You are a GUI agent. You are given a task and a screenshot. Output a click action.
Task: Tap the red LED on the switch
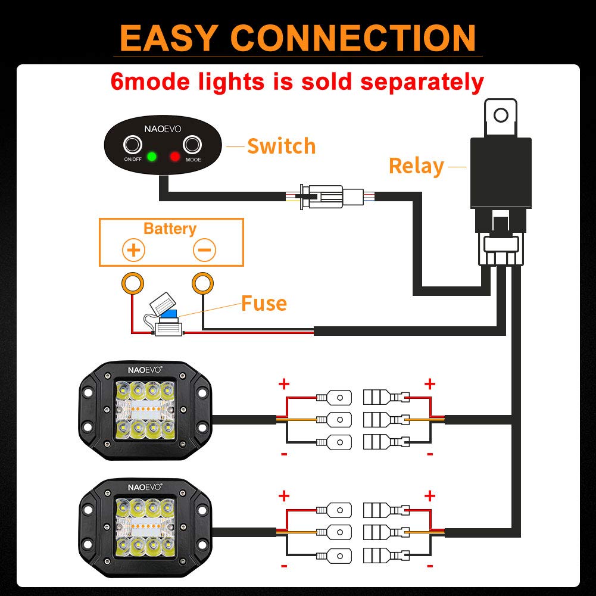pyautogui.click(x=174, y=157)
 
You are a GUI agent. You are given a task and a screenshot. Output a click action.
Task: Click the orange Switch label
pyautogui.click(x=281, y=146)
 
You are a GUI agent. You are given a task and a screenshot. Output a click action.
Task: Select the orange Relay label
pyautogui.click(x=416, y=166)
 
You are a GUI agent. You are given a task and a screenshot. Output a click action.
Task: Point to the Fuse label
pyautogui.click(x=264, y=304)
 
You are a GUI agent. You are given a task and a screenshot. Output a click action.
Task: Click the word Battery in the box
pyautogui.click(x=170, y=229)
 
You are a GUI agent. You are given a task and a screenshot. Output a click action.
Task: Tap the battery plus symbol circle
pyautogui.click(x=133, y=250)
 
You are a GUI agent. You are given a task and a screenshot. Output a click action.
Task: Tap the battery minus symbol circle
pyautogui.click(x=204, y=250)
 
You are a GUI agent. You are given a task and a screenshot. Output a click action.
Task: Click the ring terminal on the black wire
pyautogui.click(x=202, y=283)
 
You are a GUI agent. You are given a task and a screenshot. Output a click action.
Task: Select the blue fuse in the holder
pyautogui.click(x=170, y=316)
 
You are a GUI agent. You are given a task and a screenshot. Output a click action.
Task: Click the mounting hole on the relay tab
pyautogui.click(x=501, y=115)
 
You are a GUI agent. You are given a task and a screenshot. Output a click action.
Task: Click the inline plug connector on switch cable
pyautogui.click(x=325, y=195)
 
